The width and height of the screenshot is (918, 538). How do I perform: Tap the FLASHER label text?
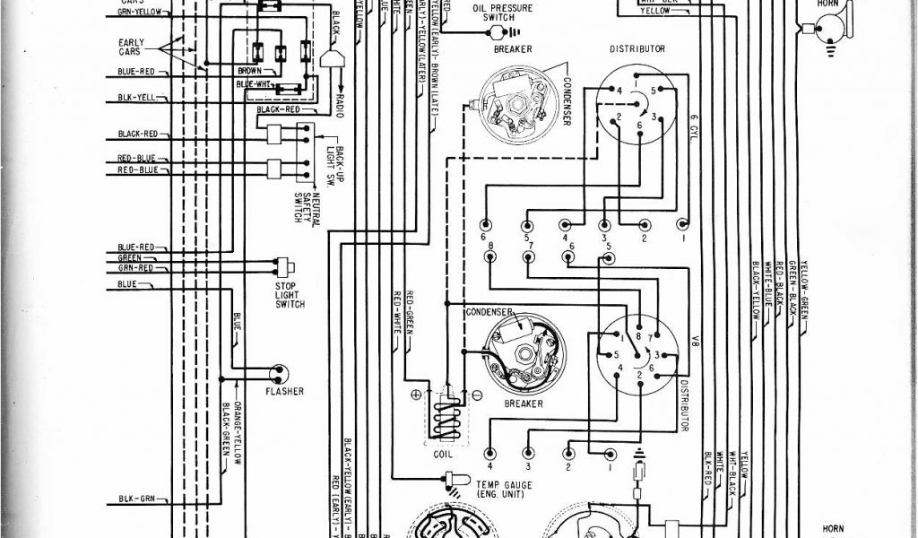pyautogui.click(x=284, y=391)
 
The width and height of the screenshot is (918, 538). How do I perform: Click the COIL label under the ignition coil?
pyautogui.click(x=443, y=453)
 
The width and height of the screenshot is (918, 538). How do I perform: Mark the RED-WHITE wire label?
pyautogui.click(x=395, y=313)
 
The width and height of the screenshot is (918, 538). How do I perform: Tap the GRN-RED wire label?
pyautogui.click(x=134, y=267)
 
